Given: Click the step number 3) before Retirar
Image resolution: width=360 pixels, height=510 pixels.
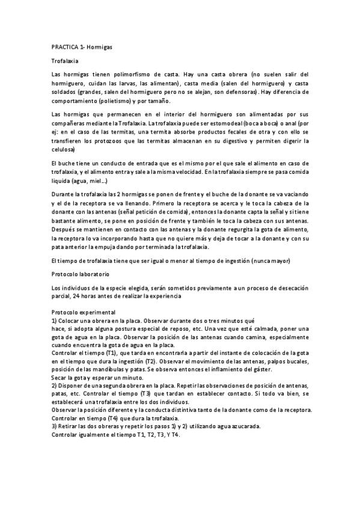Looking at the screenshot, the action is (x=54, y=426).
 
